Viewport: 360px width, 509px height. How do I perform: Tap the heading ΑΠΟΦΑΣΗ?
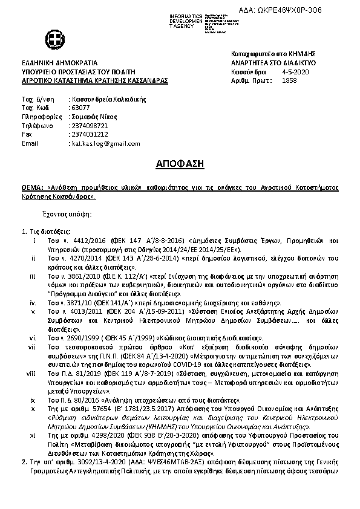(x=180, y=163)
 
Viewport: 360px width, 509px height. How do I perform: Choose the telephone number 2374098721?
(x=90, y=126)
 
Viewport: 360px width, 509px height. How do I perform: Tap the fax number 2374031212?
(x=90, y=134)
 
